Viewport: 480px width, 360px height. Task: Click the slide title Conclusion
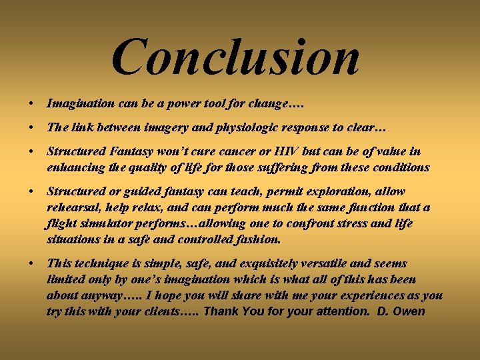coord(235,57)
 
